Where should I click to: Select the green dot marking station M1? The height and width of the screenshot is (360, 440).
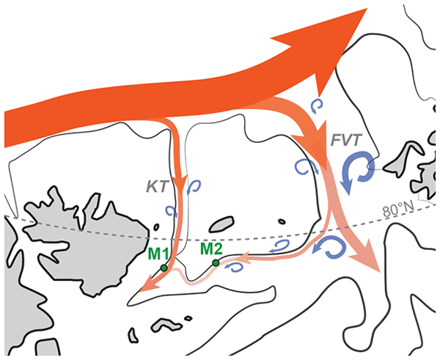point(163,268)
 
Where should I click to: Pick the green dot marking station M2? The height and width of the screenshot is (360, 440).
point(216,262)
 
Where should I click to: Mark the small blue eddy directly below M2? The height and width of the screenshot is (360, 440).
point(234,268)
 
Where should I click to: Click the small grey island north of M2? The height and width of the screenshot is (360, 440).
point(221,223)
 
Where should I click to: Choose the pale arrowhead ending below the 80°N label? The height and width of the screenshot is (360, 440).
point(367,264)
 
